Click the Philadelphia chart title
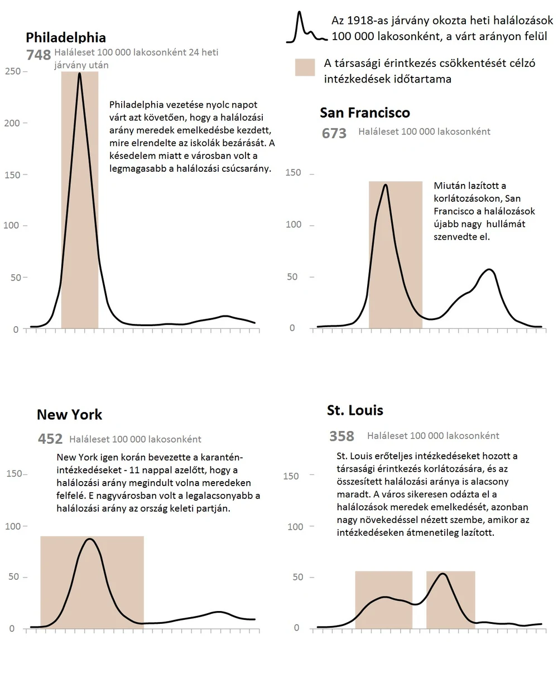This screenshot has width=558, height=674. pyautogui.click(x=66, y=37)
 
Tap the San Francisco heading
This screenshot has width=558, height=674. pyautogui.click(x=365, y=113)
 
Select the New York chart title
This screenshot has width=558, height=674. pyautogui.click(x=69, y=414)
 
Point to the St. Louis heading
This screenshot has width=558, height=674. pyautogui.click(x=355, y=410)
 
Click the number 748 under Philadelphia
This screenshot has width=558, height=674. pyautogui.click(x=39, y=55)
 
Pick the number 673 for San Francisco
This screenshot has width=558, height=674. pyautogui.click(x=334, y=133)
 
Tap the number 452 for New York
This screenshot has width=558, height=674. pyautogui.click(x=50, y=439)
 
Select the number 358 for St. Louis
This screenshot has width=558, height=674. pyautogui.click(x=342, y=436)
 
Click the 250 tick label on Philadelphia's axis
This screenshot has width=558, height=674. pyautogui.click(x=13, y=71)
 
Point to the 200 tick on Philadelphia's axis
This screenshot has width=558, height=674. pyautogui.click(x=12, y=123)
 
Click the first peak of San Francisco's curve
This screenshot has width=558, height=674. pyautogui.click(x=386, y=185)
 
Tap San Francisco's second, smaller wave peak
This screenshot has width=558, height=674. pyautogui.click(x=490, y=269)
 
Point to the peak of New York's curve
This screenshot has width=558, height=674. pyautogui.click(x=90, y=539)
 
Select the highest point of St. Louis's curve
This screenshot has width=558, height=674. pyautogui.click(x=442, y=574)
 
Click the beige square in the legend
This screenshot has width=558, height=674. pyautogui.click(x=305, y=67)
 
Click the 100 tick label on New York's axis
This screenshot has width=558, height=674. pyautogui.click(x=13, y=526)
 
